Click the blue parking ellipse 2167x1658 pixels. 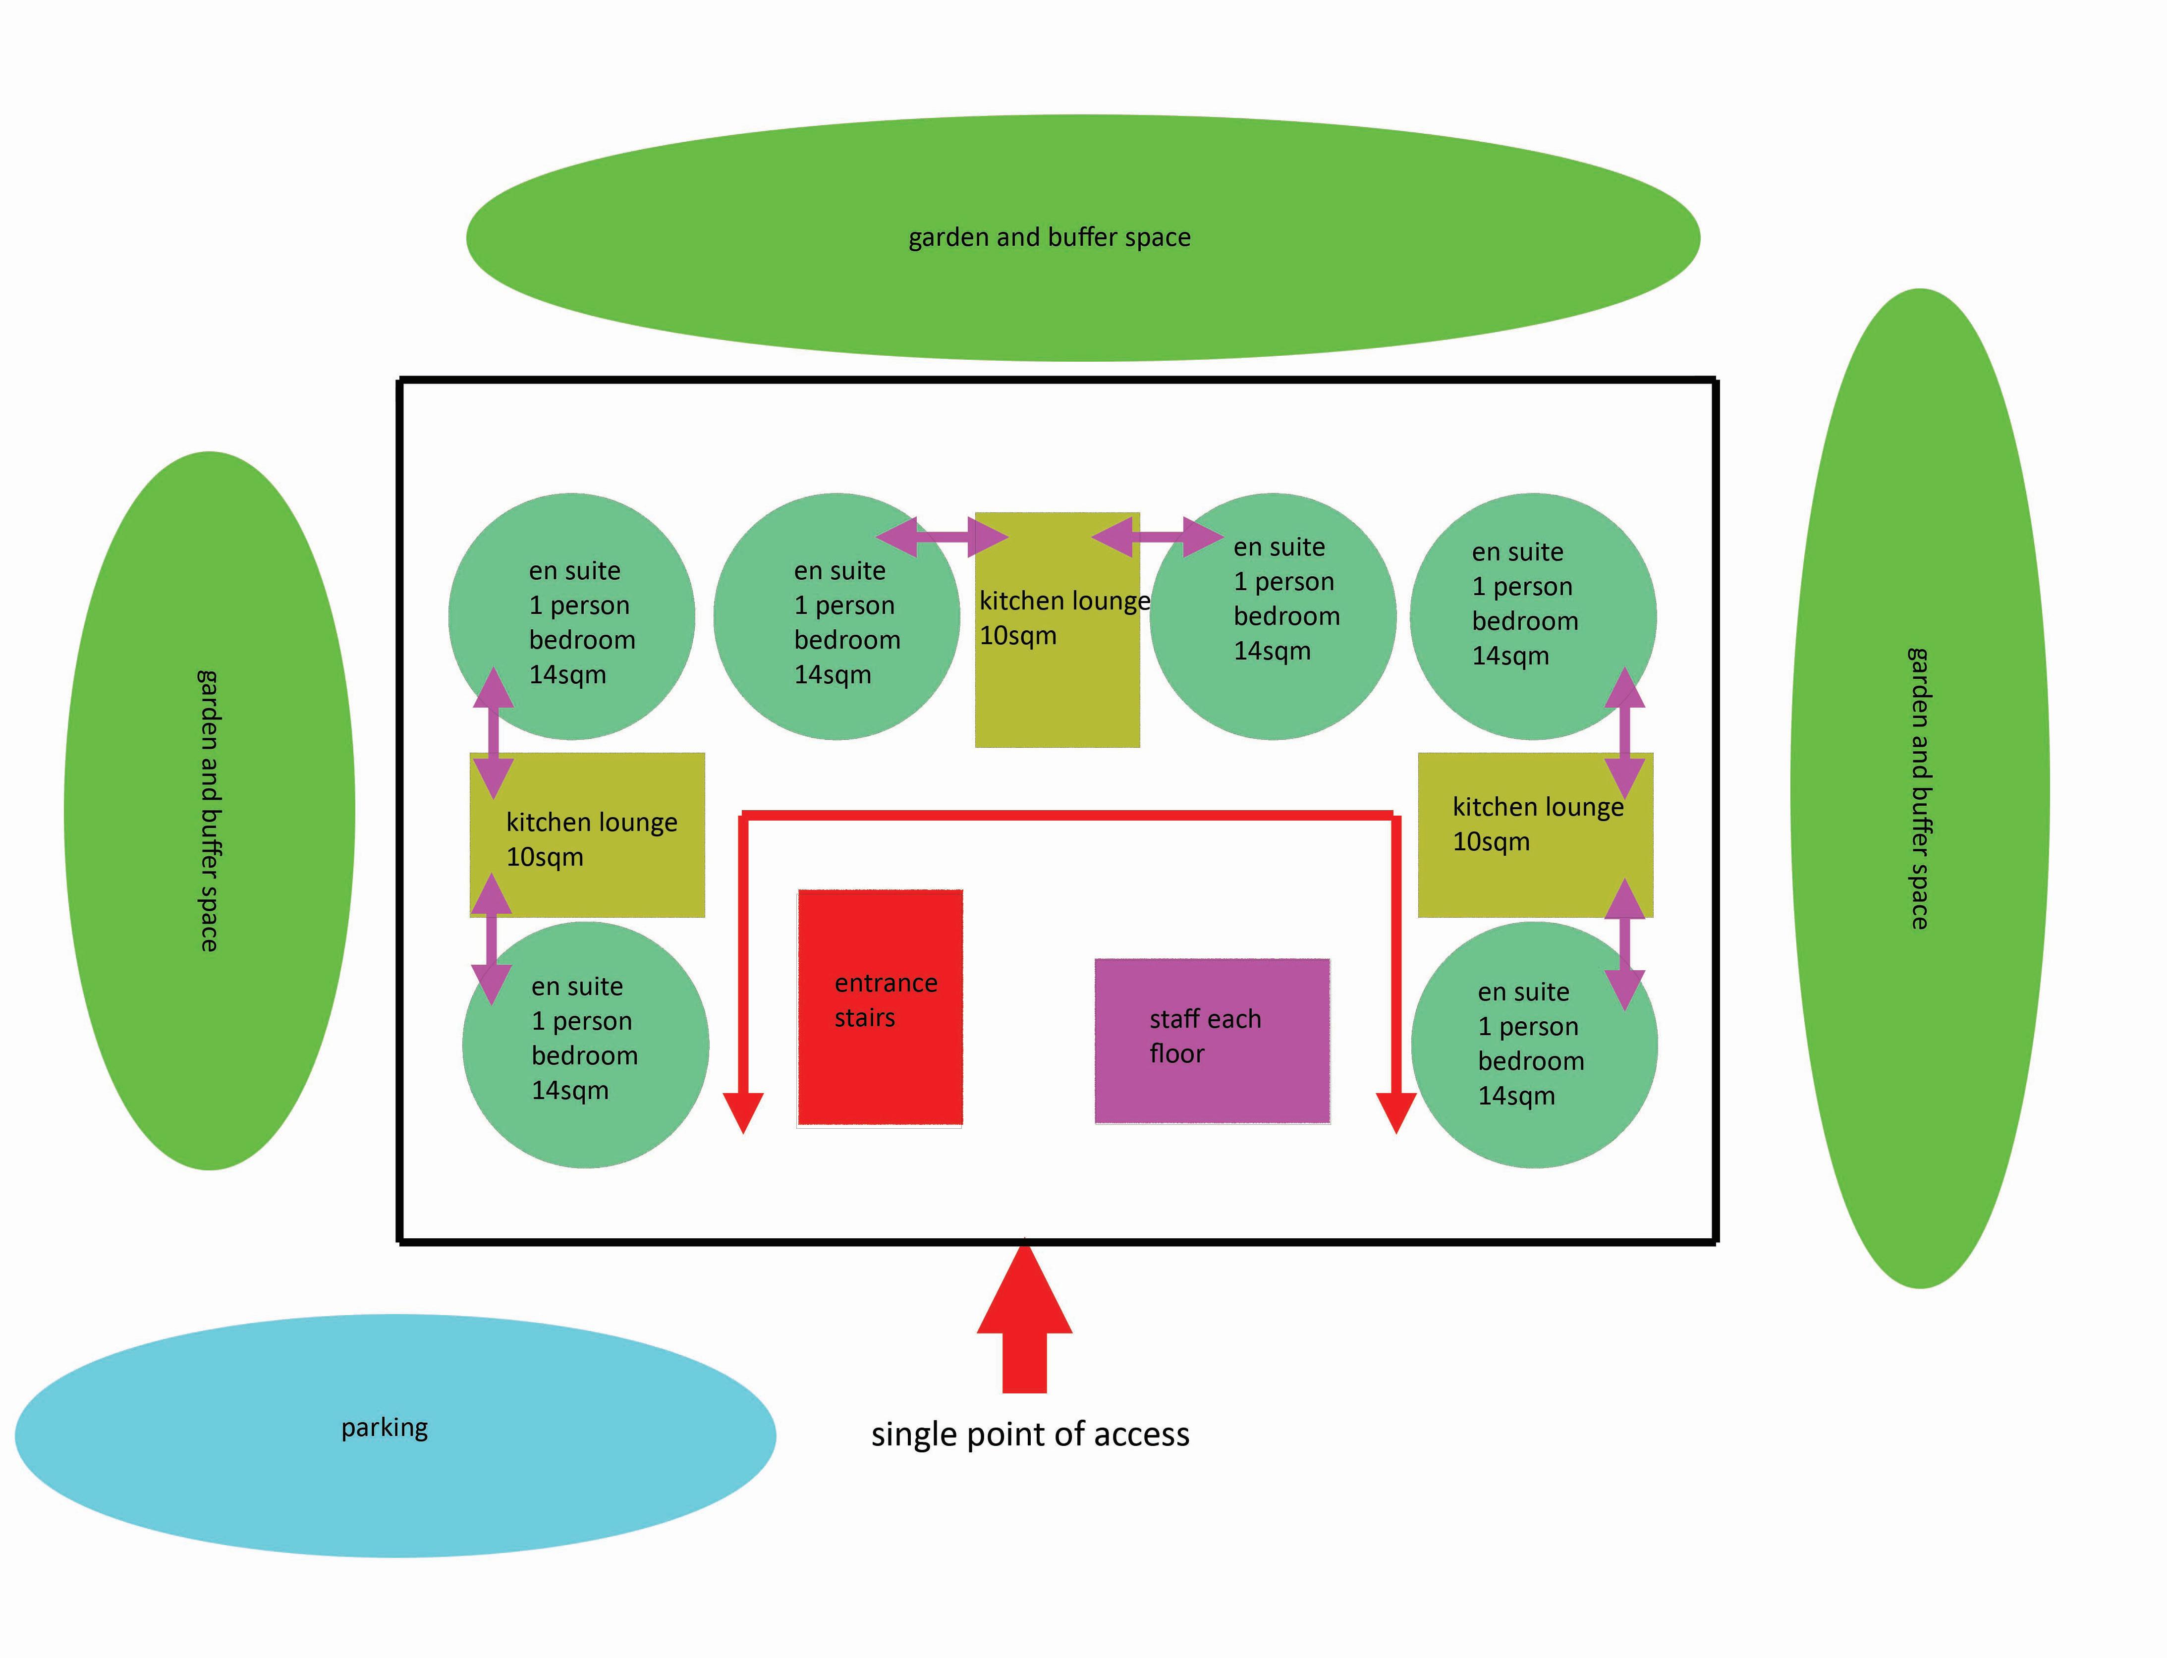pyautogui.click(x=395, y=1436)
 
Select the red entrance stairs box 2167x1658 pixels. pyautogui.click(x=879, y=1007)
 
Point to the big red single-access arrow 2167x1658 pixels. pyautogui.click(x=1024, y=1318)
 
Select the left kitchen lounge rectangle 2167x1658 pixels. pyautogui.click(x=587, y=835)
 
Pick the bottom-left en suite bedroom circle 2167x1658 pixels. pyautogui.click(x=585, y=1045)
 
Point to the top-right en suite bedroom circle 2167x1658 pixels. pyautogui.click(x=1533, y=617)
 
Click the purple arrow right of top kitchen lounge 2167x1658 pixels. pyautogui.click(x=1158, y=537)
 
